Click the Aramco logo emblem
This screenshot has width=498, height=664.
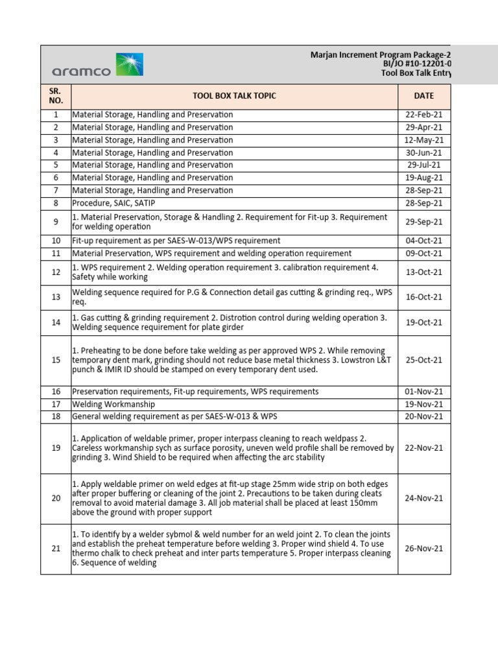click(x=130, y=65)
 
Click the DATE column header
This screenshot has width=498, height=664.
click(x=423, y=96)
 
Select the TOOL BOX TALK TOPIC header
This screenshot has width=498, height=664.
click(x=234, y=96)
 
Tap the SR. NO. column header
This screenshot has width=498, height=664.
click(x=56, y=96)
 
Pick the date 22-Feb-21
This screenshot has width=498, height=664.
click(x=423, y=115)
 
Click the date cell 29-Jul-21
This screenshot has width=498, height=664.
click(x=423, y=165)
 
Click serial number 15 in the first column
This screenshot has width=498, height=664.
click(x=56, y=360)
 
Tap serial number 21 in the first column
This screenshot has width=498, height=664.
click(x=56, y=549)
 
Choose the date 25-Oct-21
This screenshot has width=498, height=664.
click(x=423, y=360)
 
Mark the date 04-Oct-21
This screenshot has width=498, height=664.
click(x=423, y=241)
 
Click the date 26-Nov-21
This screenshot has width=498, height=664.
click(x=423, y=549)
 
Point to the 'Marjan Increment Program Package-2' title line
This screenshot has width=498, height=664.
click(x=380, y=55)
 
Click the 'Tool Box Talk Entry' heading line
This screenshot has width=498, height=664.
click(x=415, y=74)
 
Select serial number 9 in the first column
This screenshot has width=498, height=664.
click(x=56, y=222)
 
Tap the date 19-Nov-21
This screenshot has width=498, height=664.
click(x=423, y=404)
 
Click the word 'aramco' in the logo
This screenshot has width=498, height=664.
click(x=81, y=71)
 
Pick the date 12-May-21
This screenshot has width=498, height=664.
click(x=423, y=140)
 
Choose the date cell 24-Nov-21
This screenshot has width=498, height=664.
click(x=423, y=498)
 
